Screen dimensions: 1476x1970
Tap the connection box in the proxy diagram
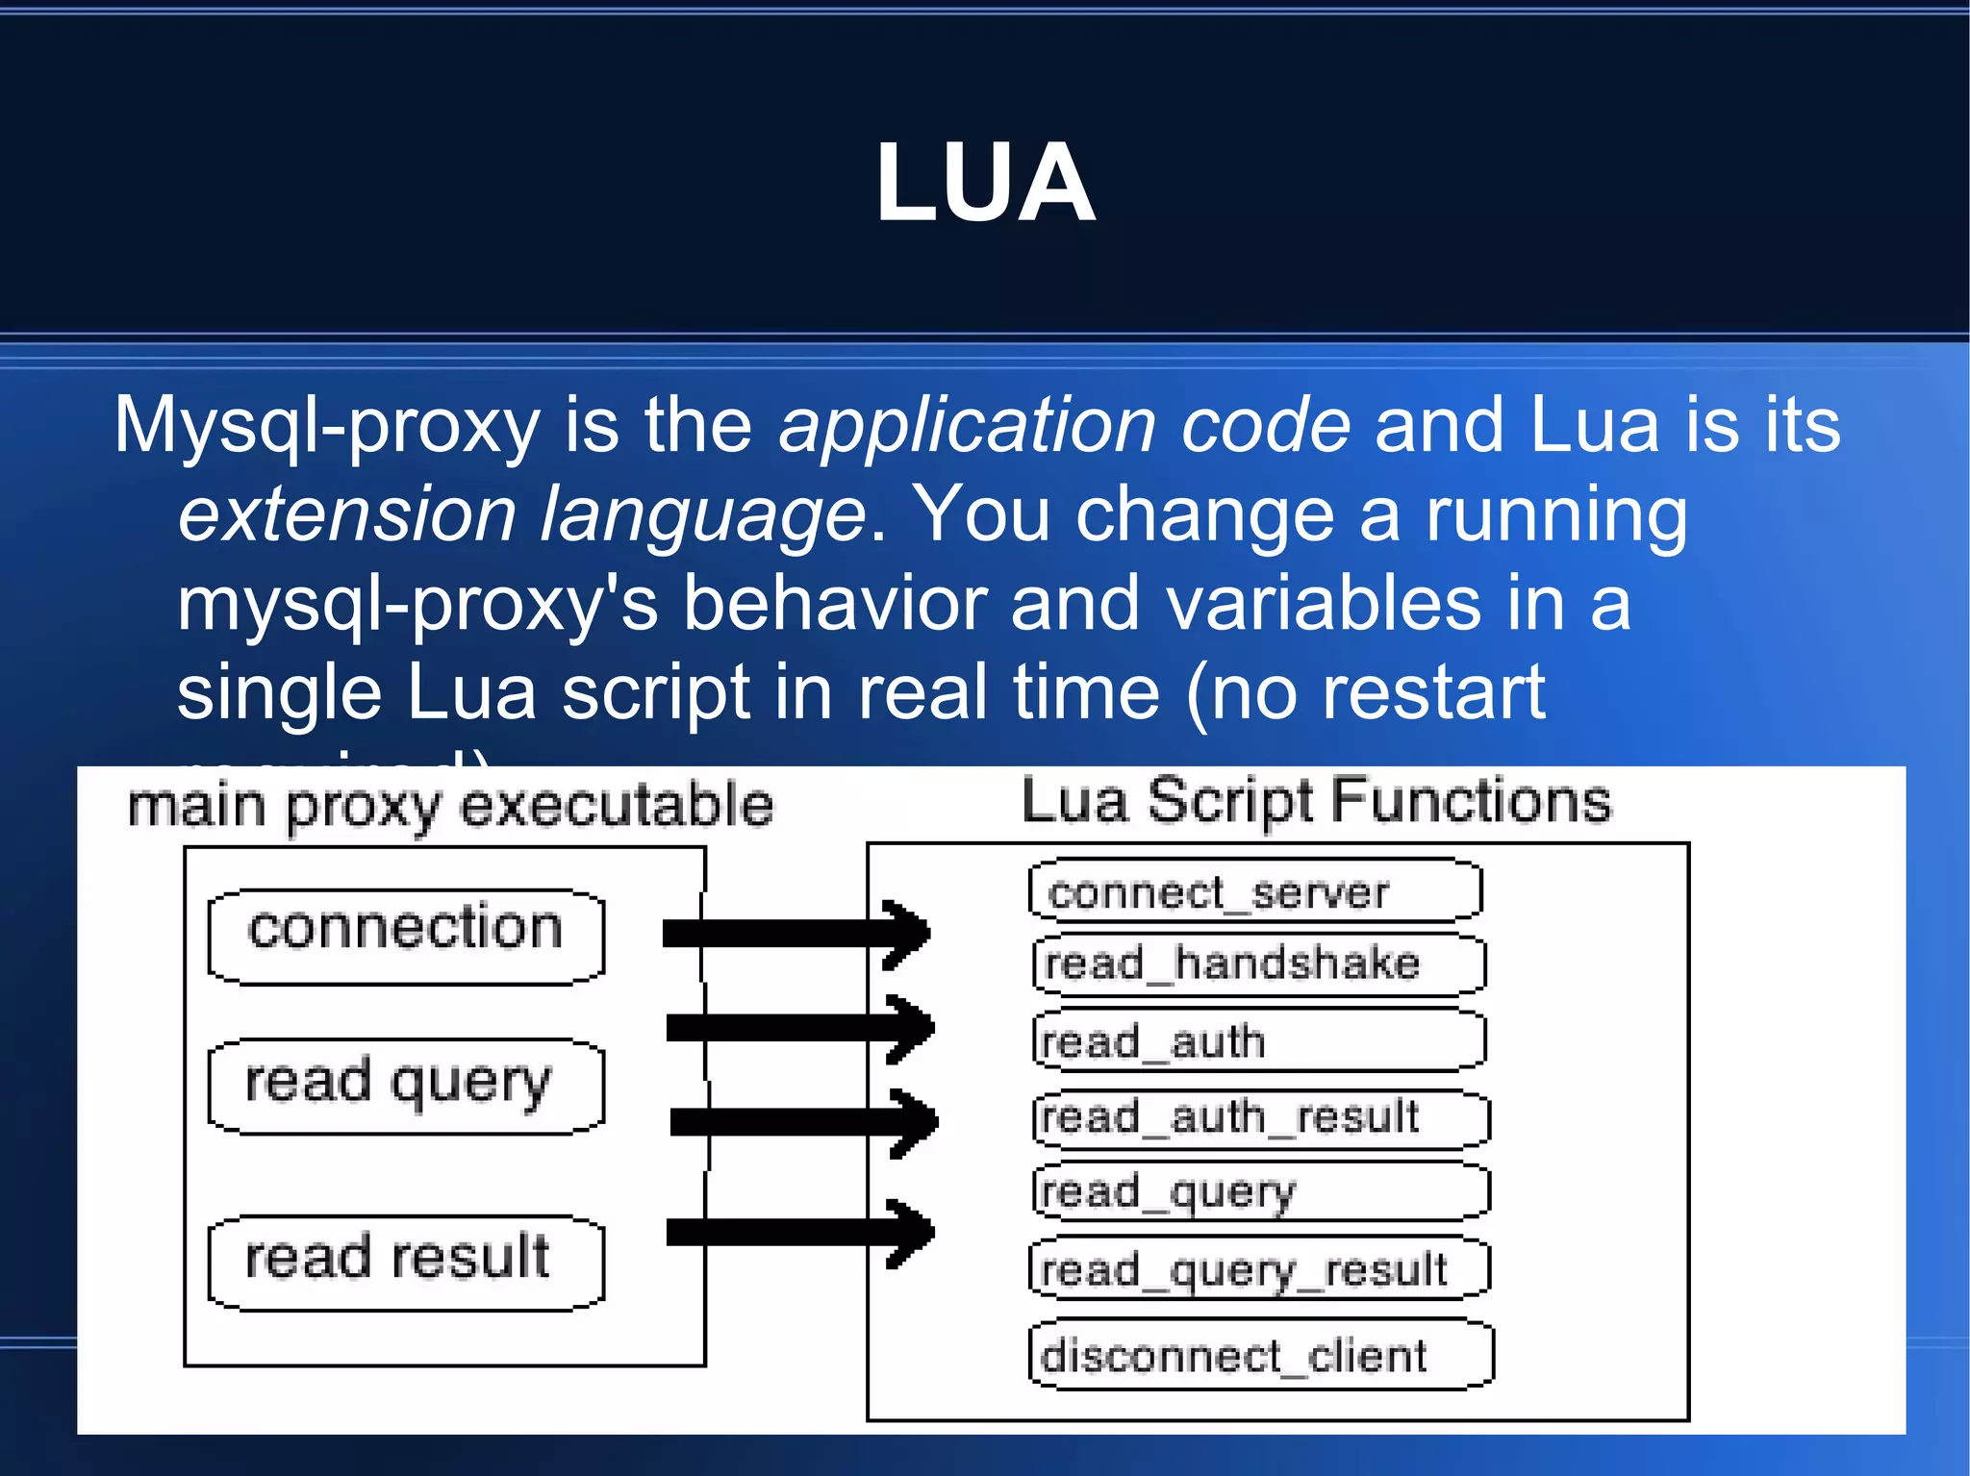point(406,936)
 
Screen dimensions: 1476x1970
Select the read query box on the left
point(406,1086)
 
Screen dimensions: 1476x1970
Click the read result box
point(406,1262)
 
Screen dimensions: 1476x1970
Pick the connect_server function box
point(1254,891)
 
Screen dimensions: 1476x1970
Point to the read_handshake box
point(1258,964)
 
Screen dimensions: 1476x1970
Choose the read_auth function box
point(1258,1040)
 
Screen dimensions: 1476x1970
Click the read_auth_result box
point(1260,1117)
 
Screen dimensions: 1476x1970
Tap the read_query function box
point(1260,1191)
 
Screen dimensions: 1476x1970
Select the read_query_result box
point(1260,1269)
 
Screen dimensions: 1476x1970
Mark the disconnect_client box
point(1260,1355)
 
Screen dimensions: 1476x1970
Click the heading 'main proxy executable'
point(450,806)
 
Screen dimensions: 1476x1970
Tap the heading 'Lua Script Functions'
point(1315,800)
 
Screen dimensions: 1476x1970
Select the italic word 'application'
point(967,425)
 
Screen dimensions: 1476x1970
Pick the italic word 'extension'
point(346,514)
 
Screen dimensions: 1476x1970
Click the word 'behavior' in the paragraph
point(834,604)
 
